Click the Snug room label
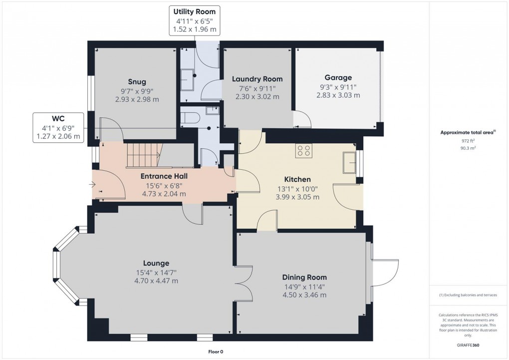(137, 82)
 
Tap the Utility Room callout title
(195, 11)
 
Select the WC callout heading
(58, 118)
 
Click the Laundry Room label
(257, 79)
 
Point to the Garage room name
(338, 77)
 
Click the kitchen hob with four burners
(303, 150)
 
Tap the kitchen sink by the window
(349, 162)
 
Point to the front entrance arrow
(92, 185)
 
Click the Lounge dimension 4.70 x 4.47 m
(156, 281)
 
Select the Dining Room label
(304, 278)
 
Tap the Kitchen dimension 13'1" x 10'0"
(297, 189)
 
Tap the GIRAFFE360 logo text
(468, 345)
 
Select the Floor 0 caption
(216, 352)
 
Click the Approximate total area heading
(467, 132)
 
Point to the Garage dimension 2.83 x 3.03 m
(338, 95)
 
